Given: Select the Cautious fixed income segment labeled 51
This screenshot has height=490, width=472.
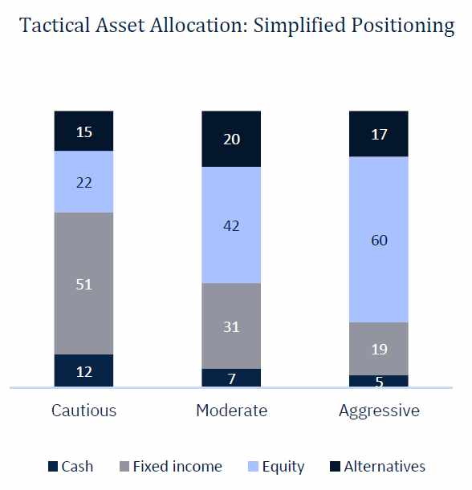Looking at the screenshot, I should pos(83,283).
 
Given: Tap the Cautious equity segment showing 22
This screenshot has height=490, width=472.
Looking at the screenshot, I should pos(83,182).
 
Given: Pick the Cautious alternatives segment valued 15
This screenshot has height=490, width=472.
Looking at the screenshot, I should pos(83,131).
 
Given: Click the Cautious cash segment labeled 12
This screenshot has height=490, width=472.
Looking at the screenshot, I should pos(83,371).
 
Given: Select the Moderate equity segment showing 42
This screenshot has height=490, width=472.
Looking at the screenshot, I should pos(231,225).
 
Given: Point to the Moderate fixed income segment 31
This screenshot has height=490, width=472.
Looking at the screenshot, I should pos(231,326).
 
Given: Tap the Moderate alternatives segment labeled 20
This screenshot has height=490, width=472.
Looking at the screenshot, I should pos(231,139).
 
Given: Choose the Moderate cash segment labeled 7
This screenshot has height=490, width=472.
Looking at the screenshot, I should pos(231,378).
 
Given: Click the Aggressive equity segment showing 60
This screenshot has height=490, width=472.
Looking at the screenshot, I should pos(378,239).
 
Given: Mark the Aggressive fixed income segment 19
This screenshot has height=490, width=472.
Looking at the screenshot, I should pos(378,348).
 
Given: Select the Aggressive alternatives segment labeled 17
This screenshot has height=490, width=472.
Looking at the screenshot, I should pos(378,133).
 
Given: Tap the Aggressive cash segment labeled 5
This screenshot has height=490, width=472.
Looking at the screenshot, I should pos(378,381).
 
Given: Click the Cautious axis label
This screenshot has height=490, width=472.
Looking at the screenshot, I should pos(83,411).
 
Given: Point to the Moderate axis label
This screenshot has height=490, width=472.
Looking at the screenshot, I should pos(231,411).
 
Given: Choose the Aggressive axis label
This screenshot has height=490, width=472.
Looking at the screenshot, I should pos(379,411).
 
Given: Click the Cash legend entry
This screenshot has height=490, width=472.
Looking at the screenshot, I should pos(71,466).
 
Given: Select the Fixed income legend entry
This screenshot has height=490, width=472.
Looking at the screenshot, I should pos(169,466).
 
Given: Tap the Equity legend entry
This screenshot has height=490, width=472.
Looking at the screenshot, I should pos(275,466).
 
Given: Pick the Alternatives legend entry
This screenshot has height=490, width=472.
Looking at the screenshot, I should pos(377,466).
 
